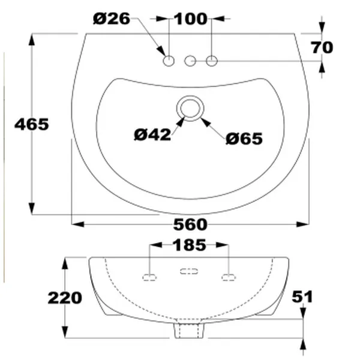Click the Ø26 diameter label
click(112, 19)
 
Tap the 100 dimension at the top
click(191, 19)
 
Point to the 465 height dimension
click(31, 124)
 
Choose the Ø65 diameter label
click(244, 139)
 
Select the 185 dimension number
click(189, 245)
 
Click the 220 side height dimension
click(64, 298)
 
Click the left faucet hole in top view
click(169, 60)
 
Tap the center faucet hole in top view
click(191, 60)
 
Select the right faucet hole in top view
click(212, 60)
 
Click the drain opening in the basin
click(190, 109)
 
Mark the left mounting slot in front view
click(149, 277)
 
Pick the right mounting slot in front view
click(229, 277)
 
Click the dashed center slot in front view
click(189, 271)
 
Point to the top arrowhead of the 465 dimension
click(31, 37)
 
